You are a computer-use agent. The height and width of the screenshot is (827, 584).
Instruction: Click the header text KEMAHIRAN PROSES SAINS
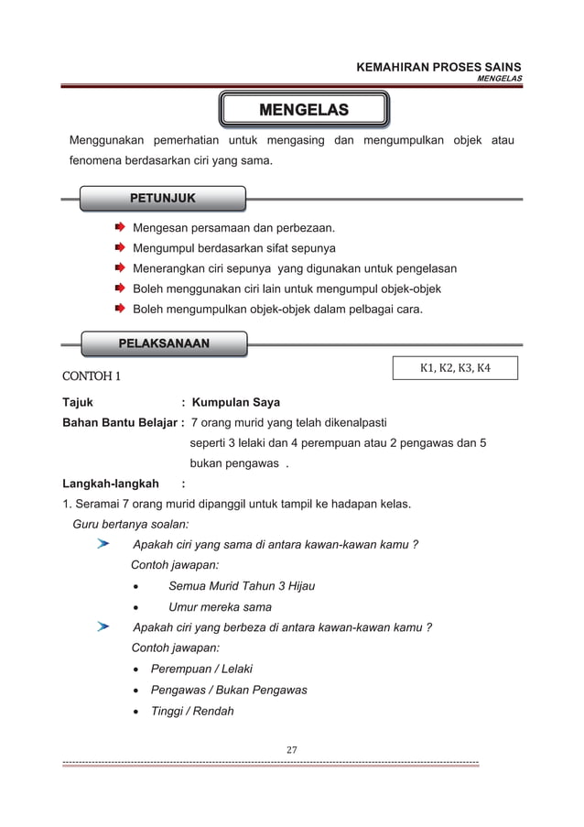tap(438, 67)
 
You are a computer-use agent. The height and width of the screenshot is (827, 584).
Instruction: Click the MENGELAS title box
tap(304, 111)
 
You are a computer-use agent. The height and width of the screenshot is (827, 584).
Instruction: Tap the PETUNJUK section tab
tap(162, 197)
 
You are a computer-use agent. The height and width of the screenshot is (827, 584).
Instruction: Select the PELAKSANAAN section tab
tap(164, 343)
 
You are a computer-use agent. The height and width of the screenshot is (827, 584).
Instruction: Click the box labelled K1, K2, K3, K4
tap(455, 368)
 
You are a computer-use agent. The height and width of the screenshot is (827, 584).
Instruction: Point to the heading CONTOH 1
tap(92, 376)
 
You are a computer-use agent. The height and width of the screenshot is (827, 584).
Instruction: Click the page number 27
tap(292, 750)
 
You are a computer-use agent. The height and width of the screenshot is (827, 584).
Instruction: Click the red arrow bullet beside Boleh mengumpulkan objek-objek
tap(120, 309)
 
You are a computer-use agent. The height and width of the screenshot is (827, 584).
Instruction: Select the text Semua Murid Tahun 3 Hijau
tap(242, 586)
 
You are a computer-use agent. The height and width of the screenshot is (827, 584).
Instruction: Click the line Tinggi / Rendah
tap(192, 711)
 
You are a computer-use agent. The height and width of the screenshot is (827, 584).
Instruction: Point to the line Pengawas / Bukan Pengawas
tap(229, 690)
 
